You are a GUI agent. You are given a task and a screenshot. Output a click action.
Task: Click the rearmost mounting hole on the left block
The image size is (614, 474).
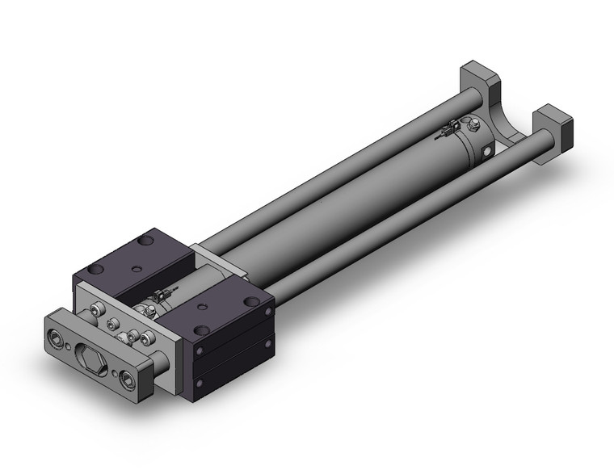click(145, 241)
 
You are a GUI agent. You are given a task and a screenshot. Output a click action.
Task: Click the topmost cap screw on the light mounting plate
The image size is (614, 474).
click(98, 309)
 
